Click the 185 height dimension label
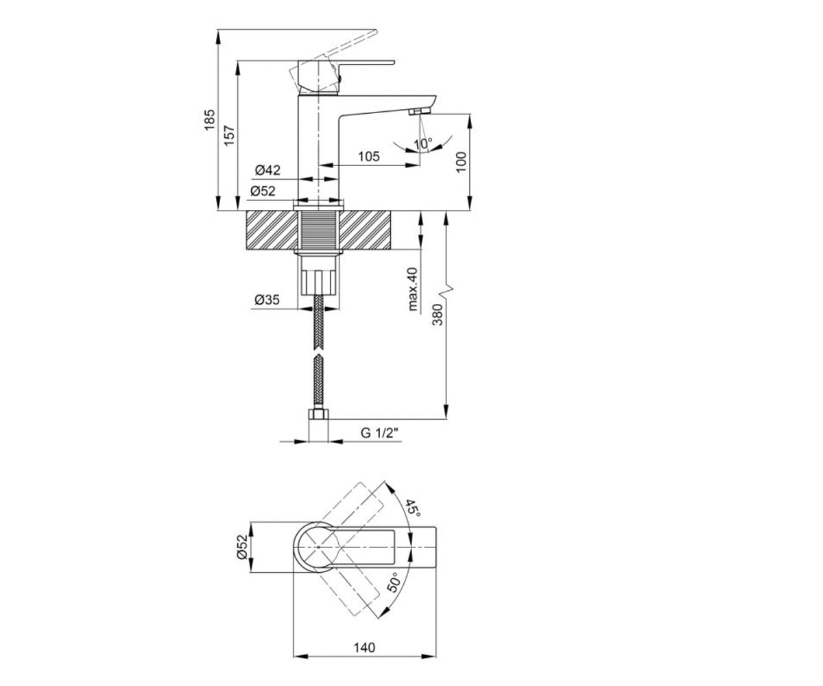click(x=210, y=120)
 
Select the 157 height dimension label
click(x=229, y=136)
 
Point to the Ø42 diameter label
click(x=267, y=170)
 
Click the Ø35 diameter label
click(x=267, y=300)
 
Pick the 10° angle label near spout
click(x=422, y=143)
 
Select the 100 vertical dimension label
click(x=461, y=162)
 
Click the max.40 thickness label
click(x=413, y=289)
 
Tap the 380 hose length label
click(x=438, y=315)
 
